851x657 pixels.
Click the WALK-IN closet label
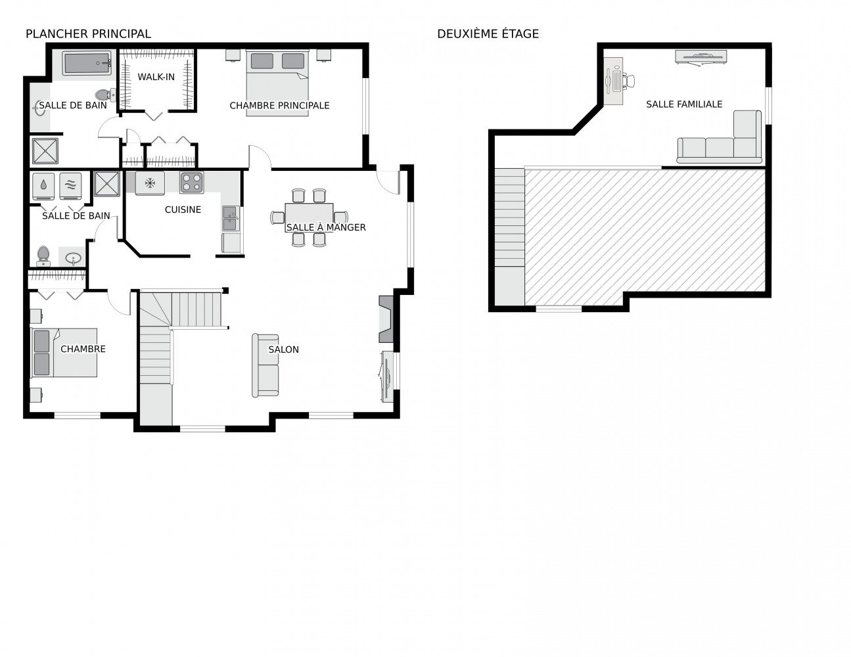156,77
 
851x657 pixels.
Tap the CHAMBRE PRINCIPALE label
279,106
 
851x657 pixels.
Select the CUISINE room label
183,210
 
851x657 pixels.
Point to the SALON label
283,350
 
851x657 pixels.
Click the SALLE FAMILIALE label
684,104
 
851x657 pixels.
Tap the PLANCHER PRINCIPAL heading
88,34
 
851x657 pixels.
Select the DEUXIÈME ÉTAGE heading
488,34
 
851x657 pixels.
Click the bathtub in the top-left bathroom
87,64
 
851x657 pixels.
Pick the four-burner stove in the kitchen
192,183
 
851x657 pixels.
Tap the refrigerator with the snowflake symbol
150,183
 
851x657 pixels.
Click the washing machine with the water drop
43,186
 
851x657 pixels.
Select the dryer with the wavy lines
70,186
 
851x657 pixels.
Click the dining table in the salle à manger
309,217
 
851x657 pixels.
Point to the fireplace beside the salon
386,319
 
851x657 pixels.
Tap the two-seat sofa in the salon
265,366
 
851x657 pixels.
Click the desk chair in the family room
629,81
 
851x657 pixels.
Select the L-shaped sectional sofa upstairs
720,137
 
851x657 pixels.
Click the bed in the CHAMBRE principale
278,83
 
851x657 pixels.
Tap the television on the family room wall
701,57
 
